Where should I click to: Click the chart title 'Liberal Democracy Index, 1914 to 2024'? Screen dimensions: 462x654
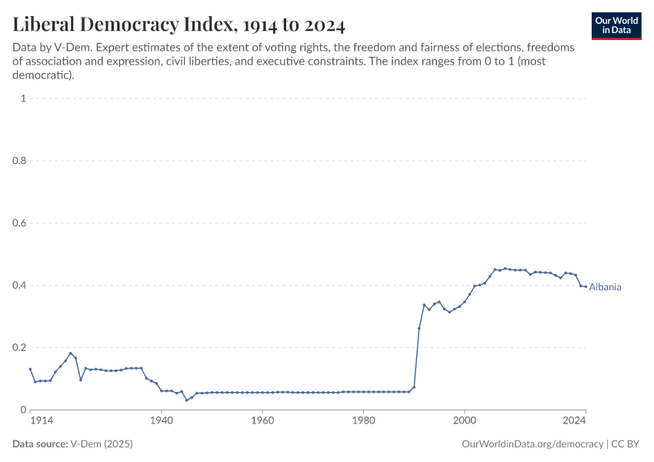click(x=179, y=25)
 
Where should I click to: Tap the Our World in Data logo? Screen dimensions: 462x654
click(x=616, y=25)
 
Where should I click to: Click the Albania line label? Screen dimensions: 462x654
click(x=605, y=287)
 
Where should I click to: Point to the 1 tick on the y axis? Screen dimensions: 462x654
click(x=24, y=99)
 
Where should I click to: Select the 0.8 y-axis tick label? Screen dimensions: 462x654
click(x=20, y=161)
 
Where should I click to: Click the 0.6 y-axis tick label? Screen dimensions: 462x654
click(x=20, y=223)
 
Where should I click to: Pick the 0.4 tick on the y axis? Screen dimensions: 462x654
click(x=20, y=286)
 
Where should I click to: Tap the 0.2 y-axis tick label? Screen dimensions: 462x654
click(x=20, y=348)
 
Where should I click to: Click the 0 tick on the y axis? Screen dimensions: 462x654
click(x=24, y=410)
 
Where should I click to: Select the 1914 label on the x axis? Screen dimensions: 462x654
click(x=42, y=422)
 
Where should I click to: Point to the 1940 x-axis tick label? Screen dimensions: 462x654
click(x=162, y=422)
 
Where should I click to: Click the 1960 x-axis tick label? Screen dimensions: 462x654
click(x=262, y=422)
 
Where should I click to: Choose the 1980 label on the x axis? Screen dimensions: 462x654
click(x=363, y=422)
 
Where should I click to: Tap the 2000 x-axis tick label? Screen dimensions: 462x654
click(x=464, y=422)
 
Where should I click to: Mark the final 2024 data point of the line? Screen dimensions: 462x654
click(x=586, y=286)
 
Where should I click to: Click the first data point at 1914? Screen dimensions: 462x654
click(x=30, y=369)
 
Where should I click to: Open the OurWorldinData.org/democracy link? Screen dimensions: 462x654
click(x=532, y=445)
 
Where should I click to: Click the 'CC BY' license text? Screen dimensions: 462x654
click(x=626, y=445)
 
